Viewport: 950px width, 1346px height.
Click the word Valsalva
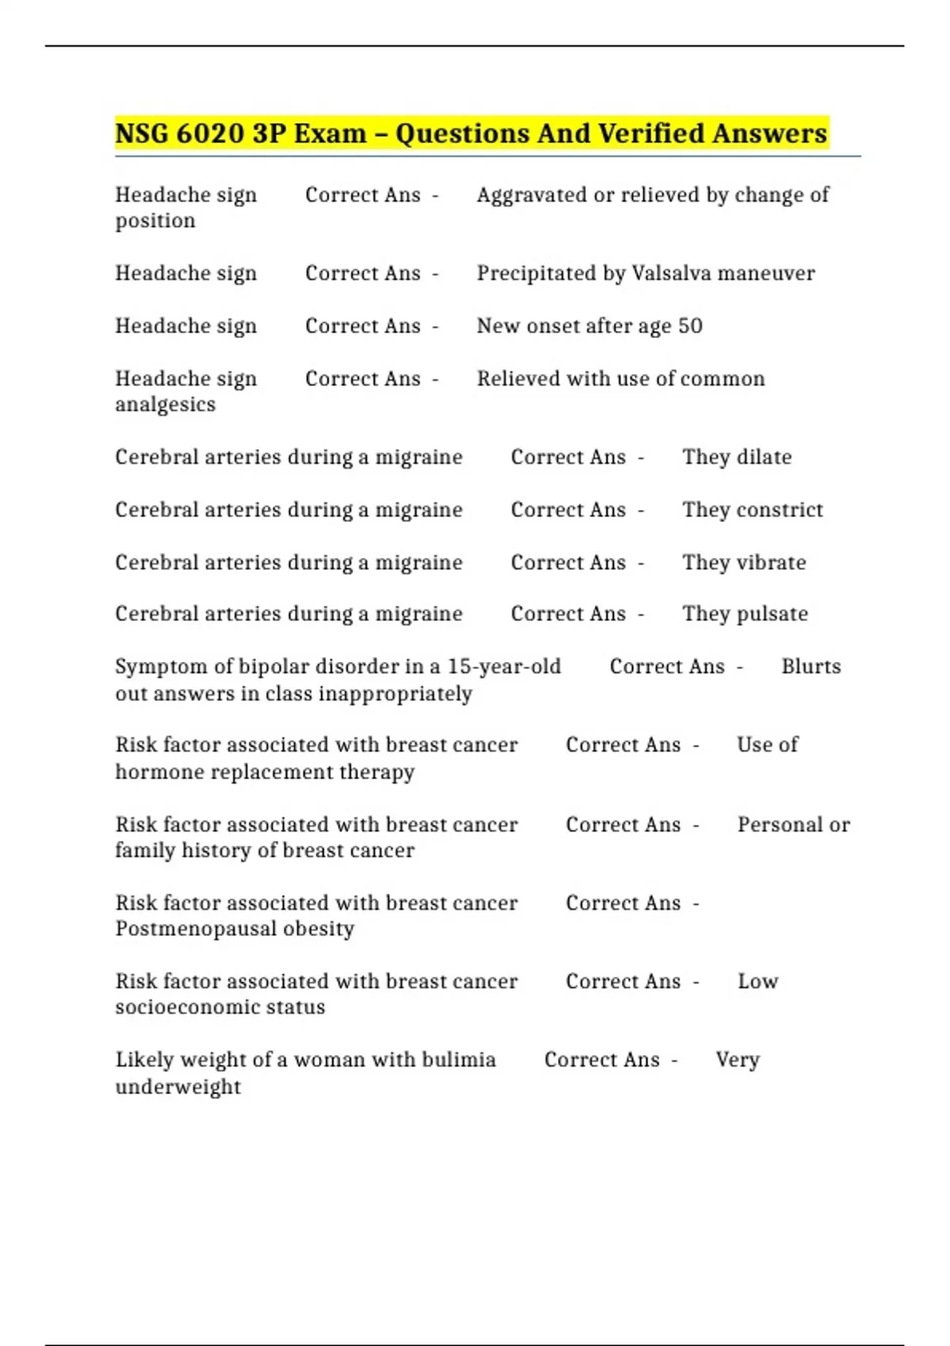point(672,273)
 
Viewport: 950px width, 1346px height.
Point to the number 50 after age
point(690,326)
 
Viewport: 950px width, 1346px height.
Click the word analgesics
point(165,405)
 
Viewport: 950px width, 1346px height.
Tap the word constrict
point(780,510)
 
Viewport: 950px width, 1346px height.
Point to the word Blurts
point(811,667)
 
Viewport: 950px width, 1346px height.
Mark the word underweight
point(178,1087)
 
